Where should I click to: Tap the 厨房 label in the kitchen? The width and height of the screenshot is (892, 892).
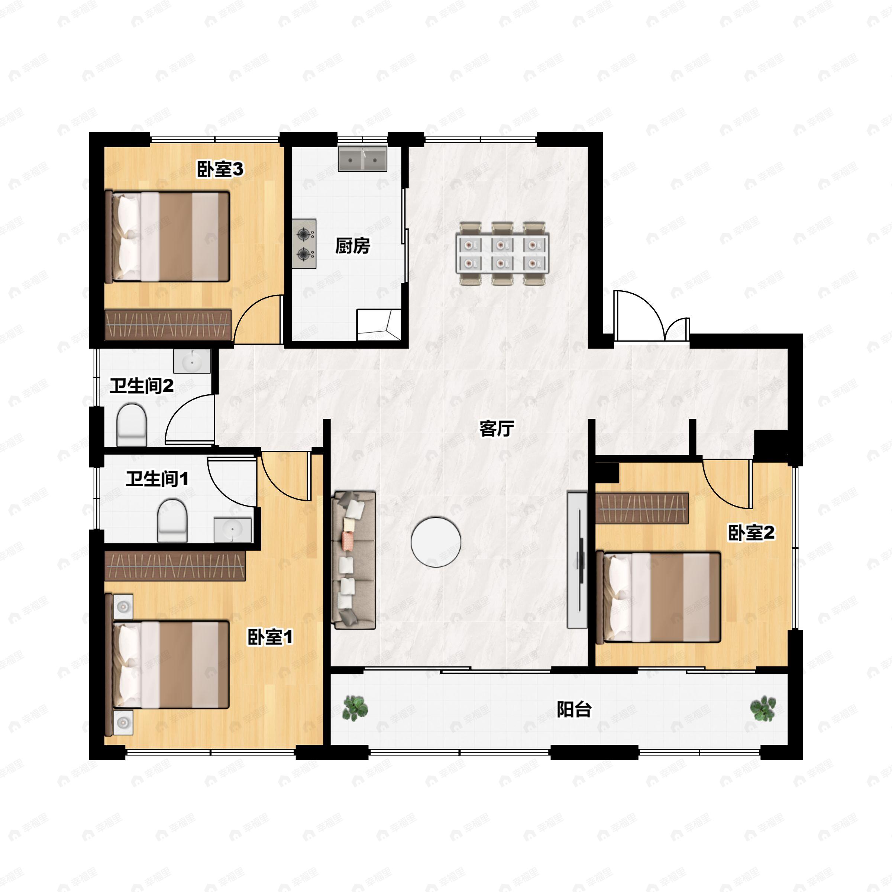(x=352, y=246)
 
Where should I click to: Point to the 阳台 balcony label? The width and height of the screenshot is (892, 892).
(x=574, y=709)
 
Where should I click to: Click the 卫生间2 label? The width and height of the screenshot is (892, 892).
(x=141, y=385)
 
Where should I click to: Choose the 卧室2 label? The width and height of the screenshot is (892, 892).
(x=751, y=533)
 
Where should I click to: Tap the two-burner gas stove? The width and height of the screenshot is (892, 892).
(x=304, y=244)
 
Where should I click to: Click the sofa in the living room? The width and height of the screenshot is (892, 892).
(x=354, y=560)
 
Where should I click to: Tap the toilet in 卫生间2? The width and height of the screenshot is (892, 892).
(x=132, y=425)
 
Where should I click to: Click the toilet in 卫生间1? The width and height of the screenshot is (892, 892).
(x=172, y=520)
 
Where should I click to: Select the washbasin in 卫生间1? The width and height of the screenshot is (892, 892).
(x=232, y=530)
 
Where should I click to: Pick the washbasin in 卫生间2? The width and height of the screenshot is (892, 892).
(x=192, y=361)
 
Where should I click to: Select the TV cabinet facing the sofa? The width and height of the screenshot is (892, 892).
(x=577, y=560)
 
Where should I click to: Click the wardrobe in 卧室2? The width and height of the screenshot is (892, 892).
(x=642, y=508)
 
